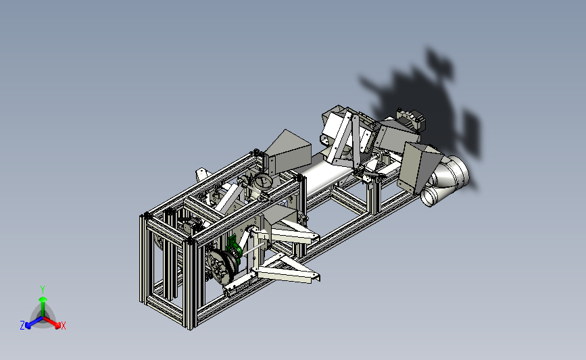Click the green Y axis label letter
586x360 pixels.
tap(43, 290)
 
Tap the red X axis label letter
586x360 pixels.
tap(63, 326)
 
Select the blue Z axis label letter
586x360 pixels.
tap(22, 326)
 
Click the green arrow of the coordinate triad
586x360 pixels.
tap(43, 306)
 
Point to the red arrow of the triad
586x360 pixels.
tap(52, 323)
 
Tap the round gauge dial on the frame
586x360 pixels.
tap(264, 182)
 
